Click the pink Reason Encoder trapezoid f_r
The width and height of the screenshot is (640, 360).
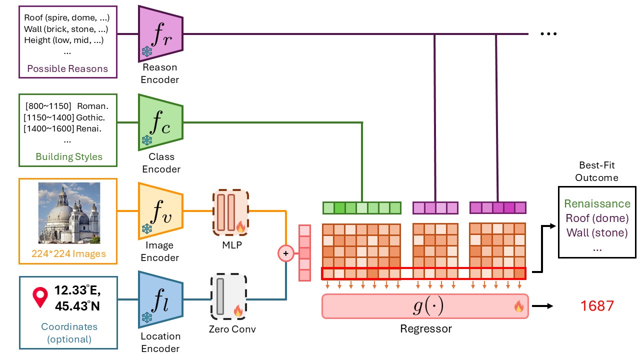[x=160, y=33]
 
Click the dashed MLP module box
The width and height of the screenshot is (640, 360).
[x=231, y=212]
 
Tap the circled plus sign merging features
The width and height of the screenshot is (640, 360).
[x=285, y=253]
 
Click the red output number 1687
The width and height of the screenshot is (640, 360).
[x=597, y=305]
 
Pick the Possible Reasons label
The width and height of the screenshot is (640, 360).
[x=67, y=68]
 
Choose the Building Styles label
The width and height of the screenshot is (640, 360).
[x=69, y=156]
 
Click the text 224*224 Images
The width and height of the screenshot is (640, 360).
[x=69, y=253]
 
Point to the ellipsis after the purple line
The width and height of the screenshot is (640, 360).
[x=548, y=34]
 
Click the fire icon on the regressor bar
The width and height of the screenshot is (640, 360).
[x=518, y=307]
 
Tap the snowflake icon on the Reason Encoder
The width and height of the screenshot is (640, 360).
[x=147, y=51]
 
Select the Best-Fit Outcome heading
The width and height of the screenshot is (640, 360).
[x=596, y=170]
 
